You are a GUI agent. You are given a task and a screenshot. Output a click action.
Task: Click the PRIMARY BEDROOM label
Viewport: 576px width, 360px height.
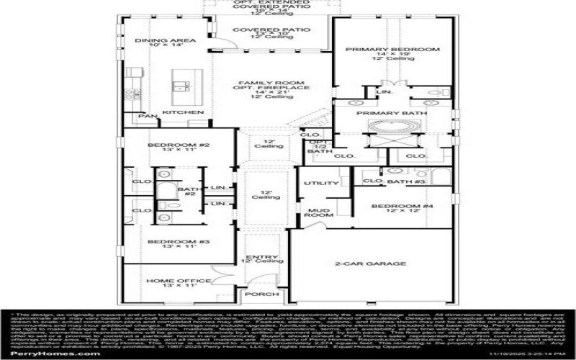[x=392, y=49]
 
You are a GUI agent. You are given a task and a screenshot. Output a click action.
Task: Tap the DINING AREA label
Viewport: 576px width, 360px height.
[x=156, y=40]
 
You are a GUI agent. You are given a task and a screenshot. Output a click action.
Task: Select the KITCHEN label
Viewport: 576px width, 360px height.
[x=176, y=113]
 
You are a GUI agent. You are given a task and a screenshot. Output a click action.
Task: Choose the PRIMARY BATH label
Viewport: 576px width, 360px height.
[x=391, y=113]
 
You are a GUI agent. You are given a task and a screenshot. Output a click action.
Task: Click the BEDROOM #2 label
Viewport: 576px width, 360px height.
[x=168, y=145]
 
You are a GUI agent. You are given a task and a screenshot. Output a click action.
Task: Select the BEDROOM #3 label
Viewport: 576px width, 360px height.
[x=168, y=242]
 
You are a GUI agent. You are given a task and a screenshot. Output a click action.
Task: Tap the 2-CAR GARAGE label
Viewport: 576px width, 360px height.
[x=370, y=264]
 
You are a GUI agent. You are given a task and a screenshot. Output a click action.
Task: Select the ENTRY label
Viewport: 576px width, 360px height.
[x=258, y=257]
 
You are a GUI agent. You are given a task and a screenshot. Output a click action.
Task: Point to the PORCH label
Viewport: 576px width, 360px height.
[x=257, y=294]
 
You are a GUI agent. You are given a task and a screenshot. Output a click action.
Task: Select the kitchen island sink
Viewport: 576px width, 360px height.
[x=181, y=86]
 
